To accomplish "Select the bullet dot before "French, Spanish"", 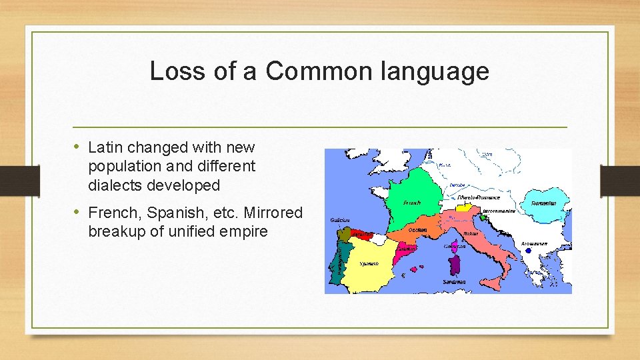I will [x=79, y=213].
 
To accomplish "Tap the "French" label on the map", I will [x=412, y=202].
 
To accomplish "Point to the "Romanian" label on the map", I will [x=544, y=203].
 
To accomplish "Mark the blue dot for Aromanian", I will [x=528, y=251].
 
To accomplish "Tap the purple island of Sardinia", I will [x=456, y=265].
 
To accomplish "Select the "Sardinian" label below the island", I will [x=454, y=282].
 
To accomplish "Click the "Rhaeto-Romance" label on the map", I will [x=478, y=197].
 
